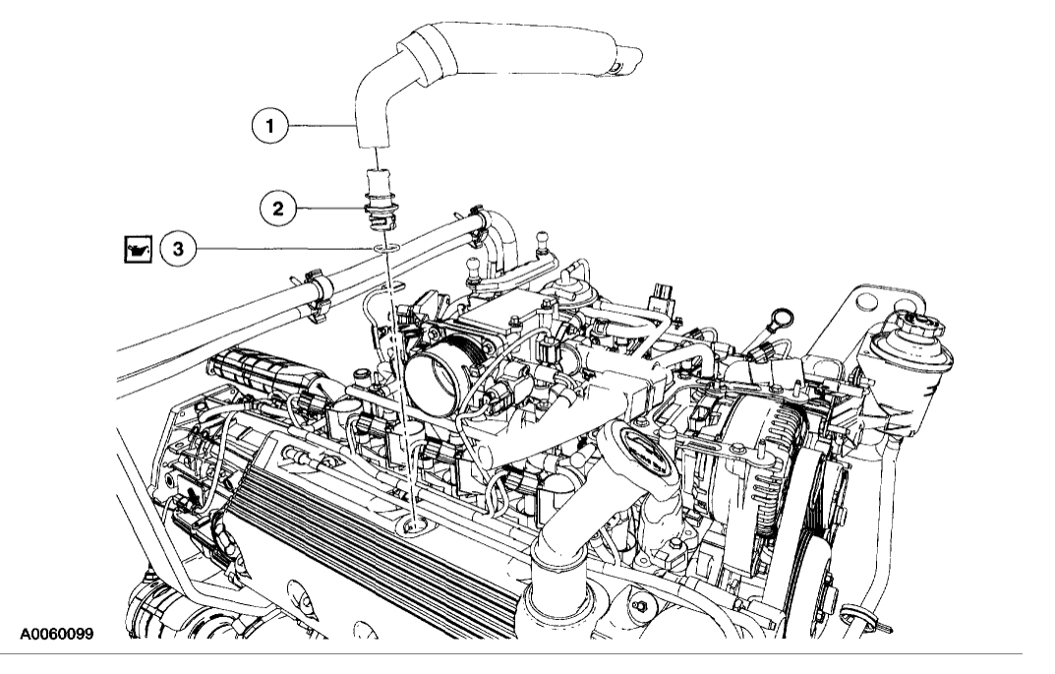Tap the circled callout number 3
(177, 249)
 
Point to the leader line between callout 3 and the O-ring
(285, 249)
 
